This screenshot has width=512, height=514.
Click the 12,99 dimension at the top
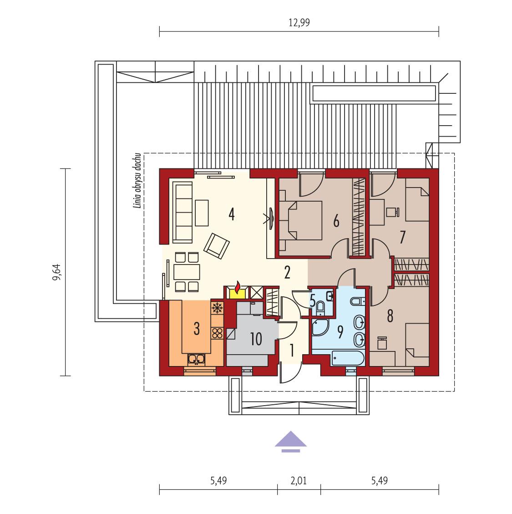[299, 23]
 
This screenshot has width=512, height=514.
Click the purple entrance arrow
[291, 441]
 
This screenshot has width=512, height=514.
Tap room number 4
[232, 214]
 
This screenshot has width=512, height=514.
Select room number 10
[256, 339]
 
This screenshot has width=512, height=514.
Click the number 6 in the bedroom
[336, 222]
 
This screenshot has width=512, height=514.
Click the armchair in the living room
[217, 245]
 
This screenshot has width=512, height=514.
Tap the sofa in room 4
[182, 212]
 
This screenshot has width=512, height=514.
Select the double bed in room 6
[300, 222]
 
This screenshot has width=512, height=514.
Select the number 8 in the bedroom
[390, 316]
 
